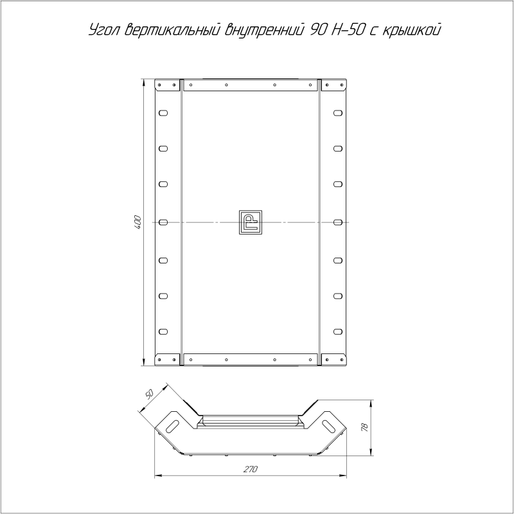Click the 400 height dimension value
[137, 222]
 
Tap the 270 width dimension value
[251, 469]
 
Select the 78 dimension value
[365, 427]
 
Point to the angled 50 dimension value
[148, 394]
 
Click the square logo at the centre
[251, 222]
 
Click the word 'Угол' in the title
[105, 30]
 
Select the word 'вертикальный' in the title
[172, 30]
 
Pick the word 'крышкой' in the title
[411, 30]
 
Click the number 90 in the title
[317, 30]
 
